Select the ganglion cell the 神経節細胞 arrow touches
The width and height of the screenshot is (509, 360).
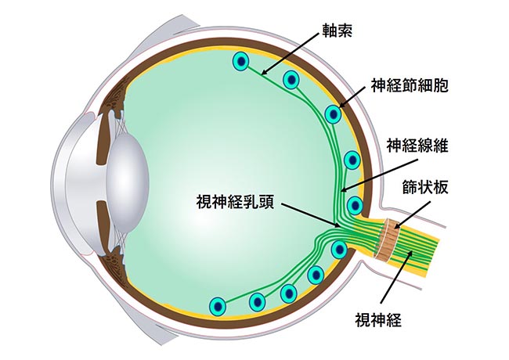(334, 115)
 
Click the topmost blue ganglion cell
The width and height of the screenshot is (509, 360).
(242, 61)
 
